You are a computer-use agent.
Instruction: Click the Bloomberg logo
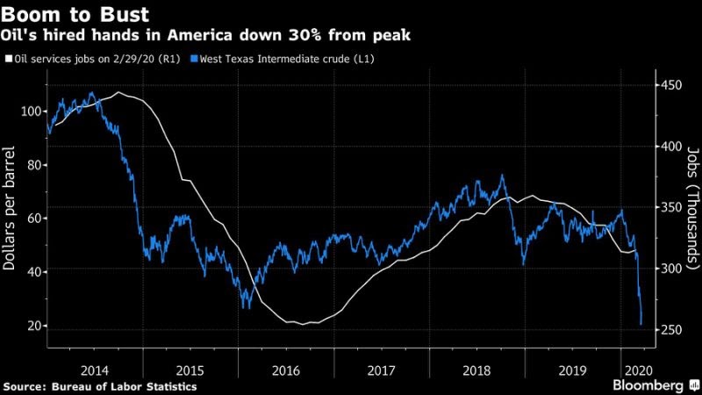pos(648,385)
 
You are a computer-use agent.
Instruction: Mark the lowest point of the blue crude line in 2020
pos(641,325)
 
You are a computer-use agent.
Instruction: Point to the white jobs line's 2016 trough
pos(304,324)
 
